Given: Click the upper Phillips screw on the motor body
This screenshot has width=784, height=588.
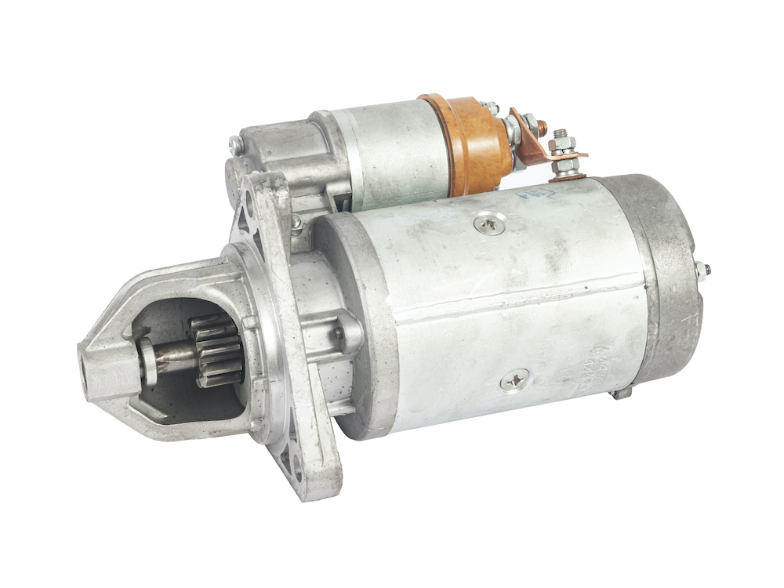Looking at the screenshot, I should click(491, 226).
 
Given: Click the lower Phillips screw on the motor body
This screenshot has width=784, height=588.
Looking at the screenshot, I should click(516, 381).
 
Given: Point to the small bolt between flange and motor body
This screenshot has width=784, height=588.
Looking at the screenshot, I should click(297, 226).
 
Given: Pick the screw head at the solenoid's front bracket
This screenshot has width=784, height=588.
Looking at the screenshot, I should click(234, 143).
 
